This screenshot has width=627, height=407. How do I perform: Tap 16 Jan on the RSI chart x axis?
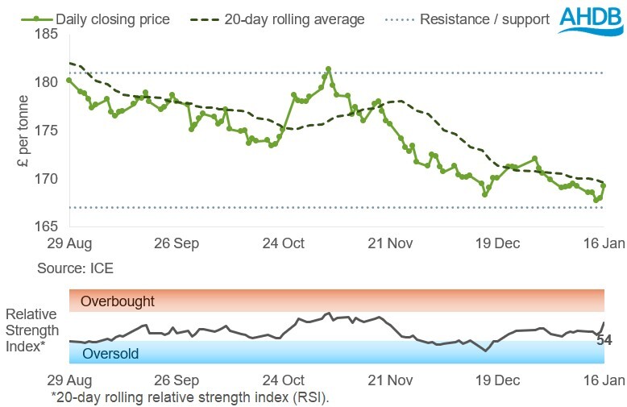pos(601,380)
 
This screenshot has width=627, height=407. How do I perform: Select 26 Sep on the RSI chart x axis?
pos(176,380)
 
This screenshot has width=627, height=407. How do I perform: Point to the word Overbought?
pos(117,301)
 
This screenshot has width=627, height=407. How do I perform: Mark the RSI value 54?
pos(604,340)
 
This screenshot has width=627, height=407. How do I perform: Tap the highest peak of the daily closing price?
pos(329,69)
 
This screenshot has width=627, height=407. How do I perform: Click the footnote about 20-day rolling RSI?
pos(189,397)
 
